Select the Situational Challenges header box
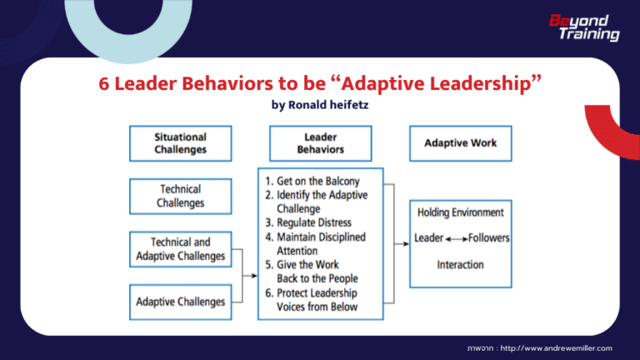tap(180, 143)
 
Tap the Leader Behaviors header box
tap(320, 143)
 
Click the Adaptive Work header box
tap(460, 143)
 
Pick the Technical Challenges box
tap(180, 196)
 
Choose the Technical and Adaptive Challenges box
tap(180, 249)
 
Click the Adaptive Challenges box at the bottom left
tap(180, 301)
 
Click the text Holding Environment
tap(460, 212)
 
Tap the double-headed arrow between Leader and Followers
tap(456, 238)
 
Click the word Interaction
tap(460, 264)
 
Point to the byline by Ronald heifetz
tap(320, 106)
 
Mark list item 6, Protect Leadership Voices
tap(317, 300)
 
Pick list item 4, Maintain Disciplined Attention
tap(317, 243)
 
